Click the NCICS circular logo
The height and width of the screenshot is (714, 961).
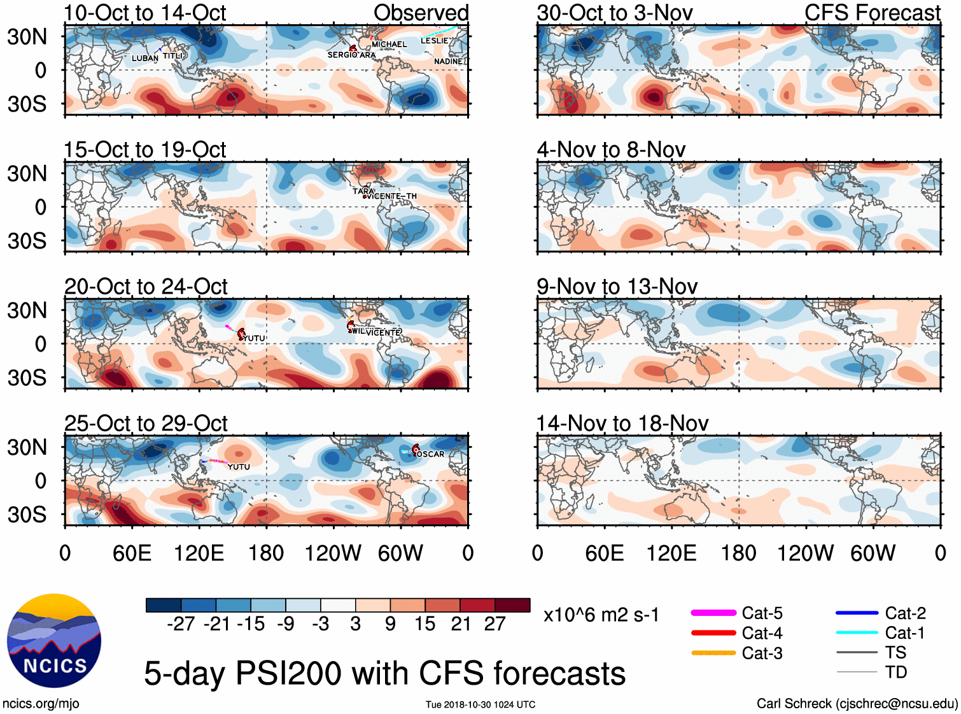point(54,640)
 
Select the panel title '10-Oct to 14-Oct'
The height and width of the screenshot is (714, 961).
point(144,13)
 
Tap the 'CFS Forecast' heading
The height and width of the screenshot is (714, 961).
point(872,13)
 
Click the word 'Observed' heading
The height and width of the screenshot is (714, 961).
point(421,13)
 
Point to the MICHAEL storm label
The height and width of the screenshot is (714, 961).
point(389,45)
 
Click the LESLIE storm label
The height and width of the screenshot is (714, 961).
point(434,41)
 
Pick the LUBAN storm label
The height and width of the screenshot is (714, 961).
point(144,59)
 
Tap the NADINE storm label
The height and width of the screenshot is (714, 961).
point(448,62)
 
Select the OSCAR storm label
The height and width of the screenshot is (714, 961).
point(431,454)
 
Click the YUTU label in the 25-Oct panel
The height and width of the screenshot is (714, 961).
point(239,467)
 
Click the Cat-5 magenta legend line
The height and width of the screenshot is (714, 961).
point(713,613)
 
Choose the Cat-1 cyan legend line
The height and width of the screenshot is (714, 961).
point(857,632)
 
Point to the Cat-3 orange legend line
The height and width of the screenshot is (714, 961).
point(713,653)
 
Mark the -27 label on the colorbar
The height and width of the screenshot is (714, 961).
point(181,624)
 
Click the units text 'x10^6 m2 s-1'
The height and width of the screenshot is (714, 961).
point(601,615)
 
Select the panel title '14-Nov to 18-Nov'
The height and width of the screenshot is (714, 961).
point(622,424)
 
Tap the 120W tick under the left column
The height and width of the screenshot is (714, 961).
point(333,553)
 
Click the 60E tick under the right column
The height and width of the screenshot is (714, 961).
point(604,553)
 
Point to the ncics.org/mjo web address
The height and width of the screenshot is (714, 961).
point(41,703)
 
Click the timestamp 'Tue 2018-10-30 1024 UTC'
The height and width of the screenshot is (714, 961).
point(481,704)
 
